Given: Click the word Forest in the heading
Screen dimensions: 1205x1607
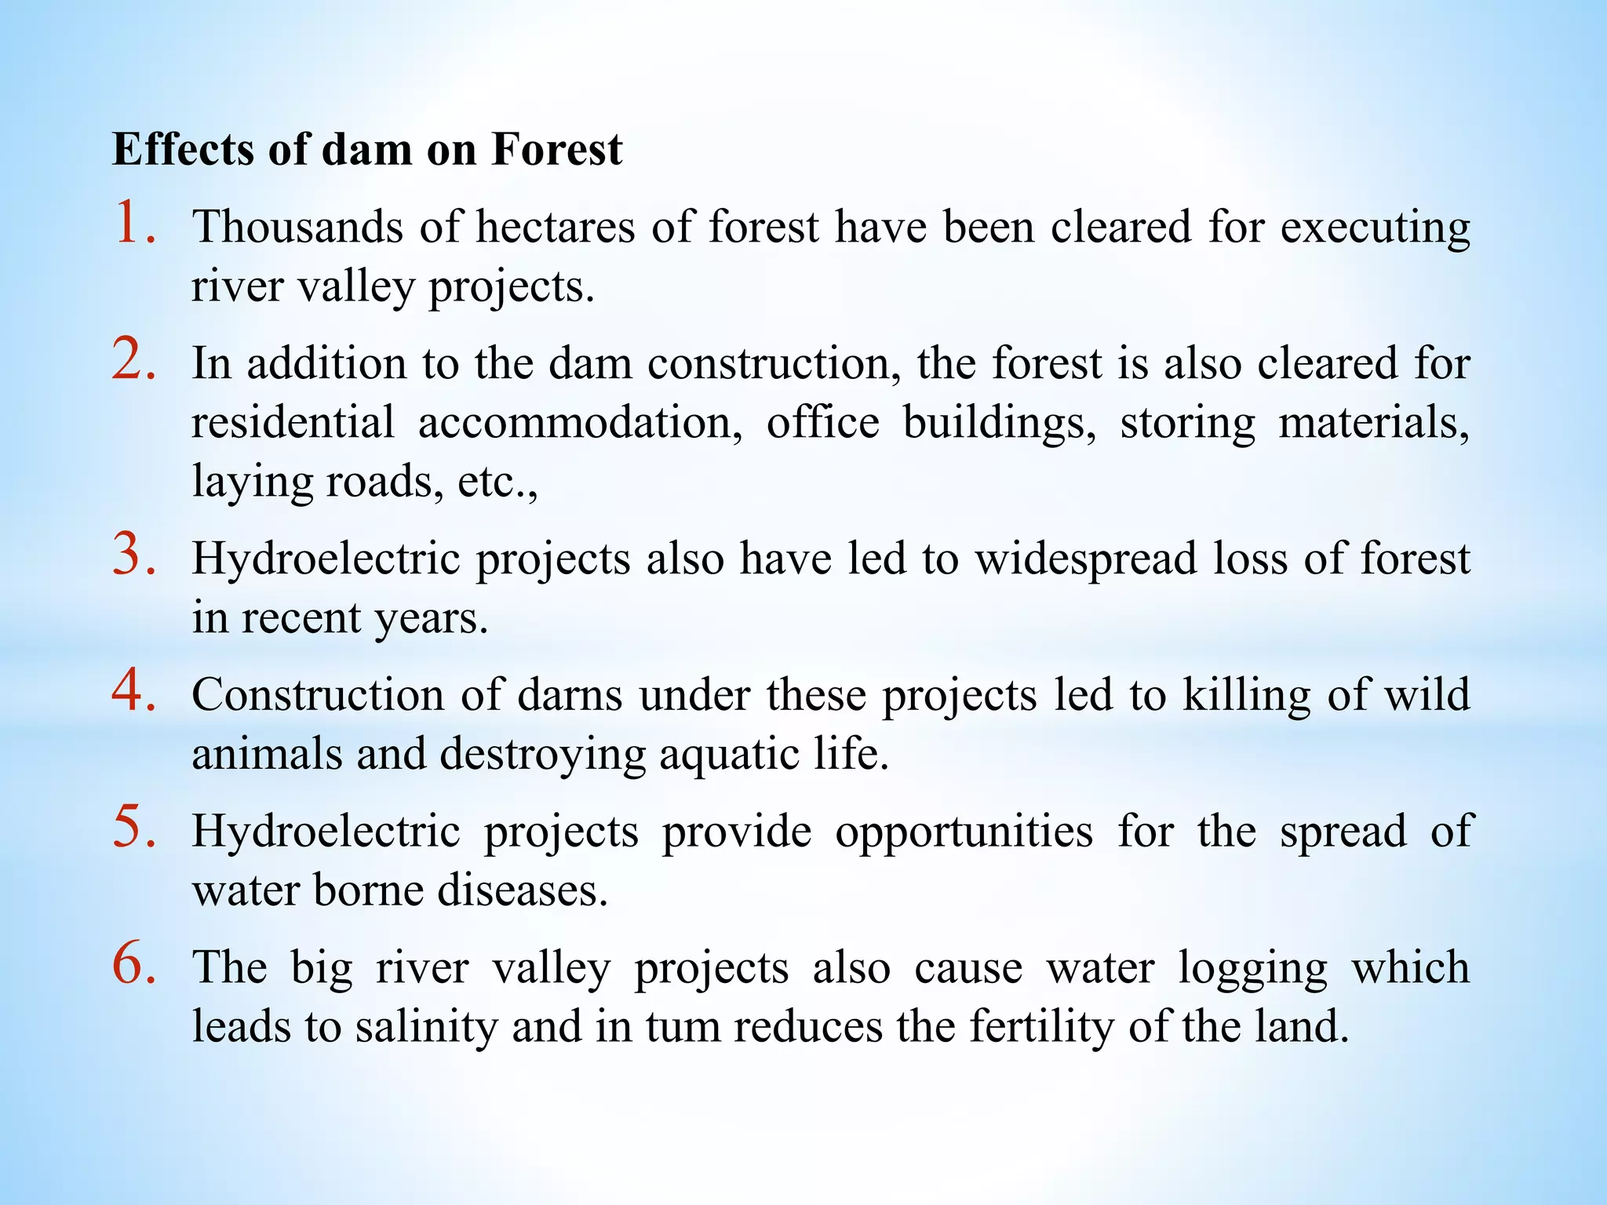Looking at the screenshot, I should click(556, 149).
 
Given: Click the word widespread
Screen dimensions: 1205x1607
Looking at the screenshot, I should click(1085, 560).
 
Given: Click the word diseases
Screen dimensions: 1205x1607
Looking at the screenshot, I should click(523, 890).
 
